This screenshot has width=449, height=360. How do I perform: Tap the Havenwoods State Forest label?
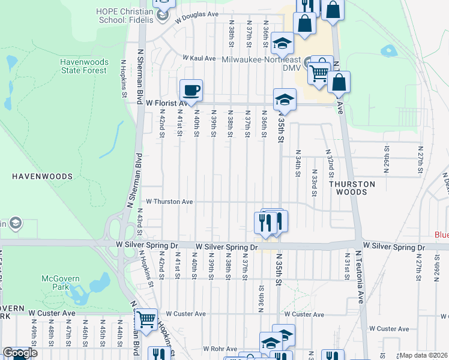point(83,66)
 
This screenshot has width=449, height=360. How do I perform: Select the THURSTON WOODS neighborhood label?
point(352,188)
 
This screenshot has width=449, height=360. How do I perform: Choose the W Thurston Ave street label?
point(169,202)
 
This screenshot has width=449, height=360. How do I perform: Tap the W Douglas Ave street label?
point(197,16)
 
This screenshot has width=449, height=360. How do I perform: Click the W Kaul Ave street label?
point(199,58)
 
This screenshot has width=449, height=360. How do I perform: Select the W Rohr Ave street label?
point(220,349)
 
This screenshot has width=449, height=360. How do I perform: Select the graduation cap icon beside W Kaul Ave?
point(282,43)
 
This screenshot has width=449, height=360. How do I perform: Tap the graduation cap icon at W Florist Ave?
point(285,100)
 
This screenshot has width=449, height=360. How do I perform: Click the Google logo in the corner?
point(20,353)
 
